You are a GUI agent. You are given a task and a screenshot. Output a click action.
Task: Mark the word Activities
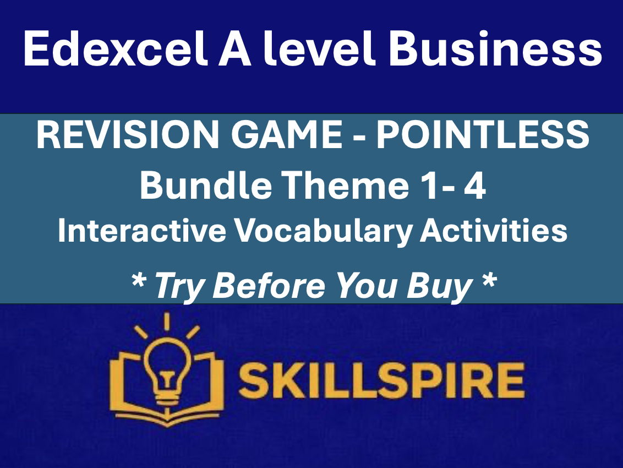493,231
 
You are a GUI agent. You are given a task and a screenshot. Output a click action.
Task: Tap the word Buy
444,285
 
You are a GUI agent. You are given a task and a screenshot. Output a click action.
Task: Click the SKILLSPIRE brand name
380,380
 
